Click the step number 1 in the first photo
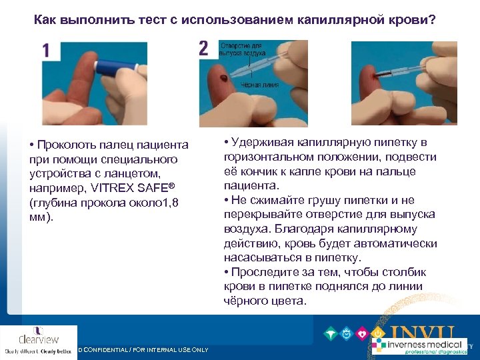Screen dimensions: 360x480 point(46,51)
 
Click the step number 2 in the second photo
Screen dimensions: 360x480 point(203,48)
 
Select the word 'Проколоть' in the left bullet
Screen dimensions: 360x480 point(67,145)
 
